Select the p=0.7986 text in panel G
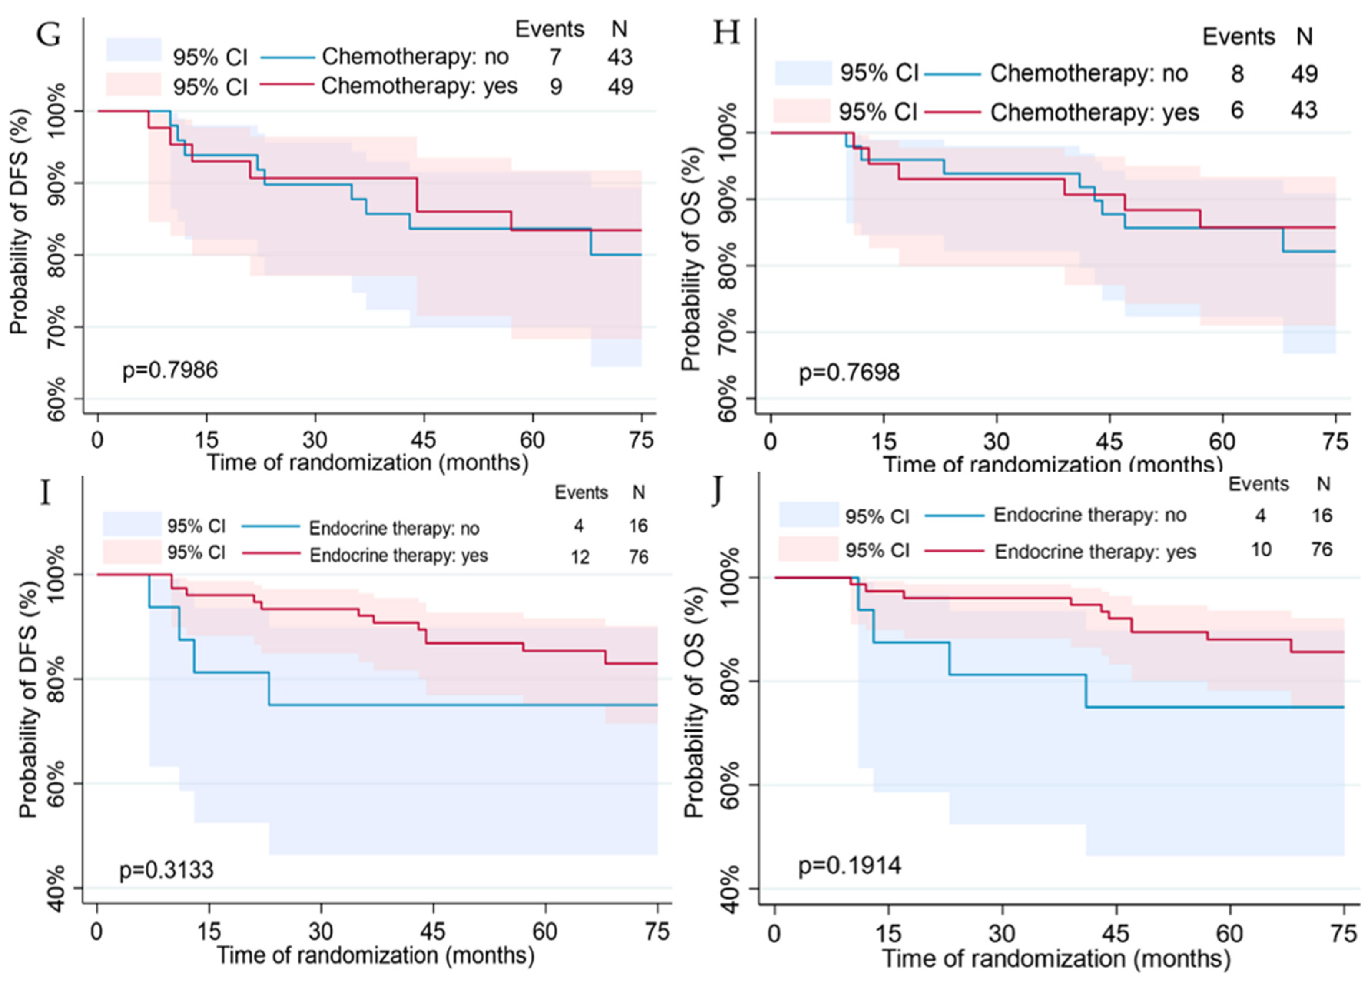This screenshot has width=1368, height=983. click(170, 370)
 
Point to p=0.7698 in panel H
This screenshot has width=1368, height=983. click(849, 372)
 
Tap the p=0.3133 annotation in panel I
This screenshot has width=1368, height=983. click(166, 870)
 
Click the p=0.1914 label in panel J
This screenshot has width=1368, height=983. click(850, 866)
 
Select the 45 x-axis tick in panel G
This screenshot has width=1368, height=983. click(423, 439)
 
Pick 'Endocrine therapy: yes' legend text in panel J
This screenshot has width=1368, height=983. click(1095, 552)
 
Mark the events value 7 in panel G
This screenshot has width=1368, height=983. click(555, 57)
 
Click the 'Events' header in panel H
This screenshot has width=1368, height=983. click(1238, 37)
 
